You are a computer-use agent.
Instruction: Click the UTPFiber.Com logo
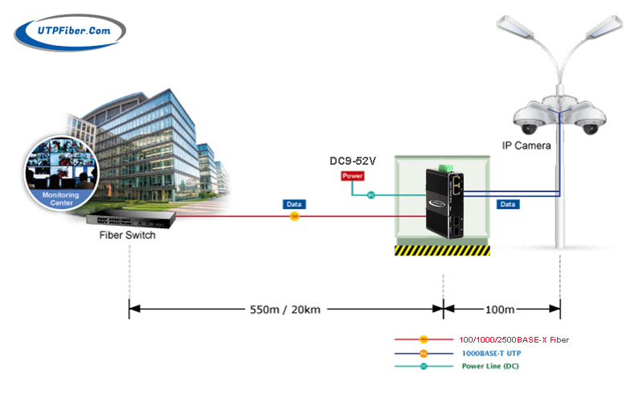70,32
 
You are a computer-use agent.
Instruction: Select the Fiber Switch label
127,235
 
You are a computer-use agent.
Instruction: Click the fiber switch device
131,220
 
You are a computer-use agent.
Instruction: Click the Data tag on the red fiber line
294,204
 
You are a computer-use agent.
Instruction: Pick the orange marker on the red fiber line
294,216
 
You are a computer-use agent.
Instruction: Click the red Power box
352,176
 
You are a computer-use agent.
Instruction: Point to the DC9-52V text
353,161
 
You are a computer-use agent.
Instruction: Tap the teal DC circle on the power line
371,195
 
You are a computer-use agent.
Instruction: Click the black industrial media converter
444,204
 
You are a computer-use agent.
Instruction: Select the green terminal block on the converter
445,168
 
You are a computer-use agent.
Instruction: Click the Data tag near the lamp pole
508,204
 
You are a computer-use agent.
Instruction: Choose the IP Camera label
526,146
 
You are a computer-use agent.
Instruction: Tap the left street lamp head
515,27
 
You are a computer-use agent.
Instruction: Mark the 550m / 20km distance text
285,310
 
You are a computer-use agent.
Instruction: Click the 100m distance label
500,310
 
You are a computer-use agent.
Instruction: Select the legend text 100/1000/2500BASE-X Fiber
514,340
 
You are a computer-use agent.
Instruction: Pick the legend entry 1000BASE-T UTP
491,353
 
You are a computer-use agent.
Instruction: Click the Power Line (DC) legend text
490,366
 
